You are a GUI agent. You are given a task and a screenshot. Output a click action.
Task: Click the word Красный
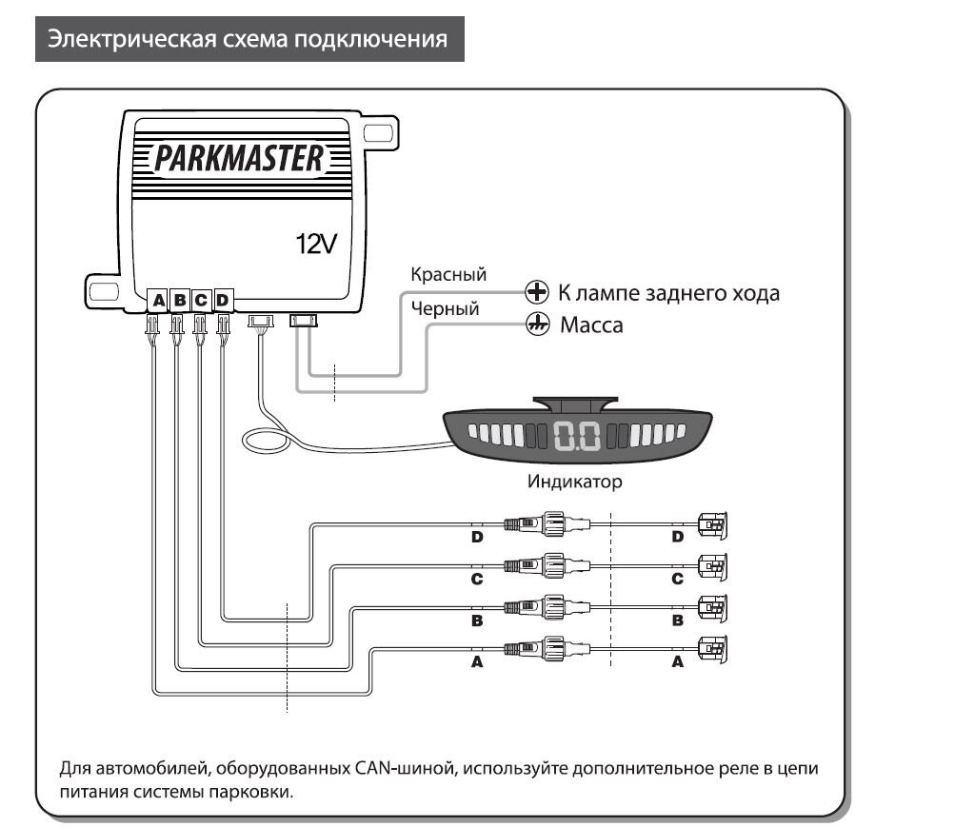click(448, 275)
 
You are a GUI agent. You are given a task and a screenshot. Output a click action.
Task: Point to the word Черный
click(445, 308)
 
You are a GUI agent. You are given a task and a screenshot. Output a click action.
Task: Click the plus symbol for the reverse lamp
click(538, 292)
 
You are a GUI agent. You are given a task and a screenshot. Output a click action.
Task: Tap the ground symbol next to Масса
click(538, 325)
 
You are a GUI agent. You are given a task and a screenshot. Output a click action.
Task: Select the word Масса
click(590, 325)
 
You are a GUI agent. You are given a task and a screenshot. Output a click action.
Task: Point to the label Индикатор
click(575, 482)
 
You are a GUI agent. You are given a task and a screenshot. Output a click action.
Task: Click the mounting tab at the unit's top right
click(378, 132)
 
